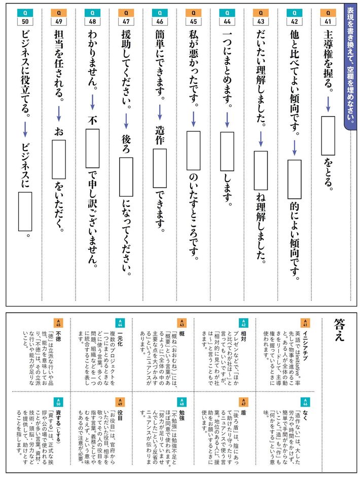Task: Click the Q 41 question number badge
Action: [x=328, y=17]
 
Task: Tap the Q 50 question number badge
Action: [x=25, y=17]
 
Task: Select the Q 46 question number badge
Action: [x=159, y=17]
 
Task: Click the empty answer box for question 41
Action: [x=328, y=136]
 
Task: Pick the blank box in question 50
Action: [x=25, y=211]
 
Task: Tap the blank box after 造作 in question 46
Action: [x=159, y=168]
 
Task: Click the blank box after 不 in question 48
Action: [x=92, y=149]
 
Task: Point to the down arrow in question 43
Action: [x=261, y=139]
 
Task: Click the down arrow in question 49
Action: [x=58, y=114]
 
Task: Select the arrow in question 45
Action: [x=193, y=119]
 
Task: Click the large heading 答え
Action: [x=339, y=329]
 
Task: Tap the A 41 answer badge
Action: [x=305, y=323]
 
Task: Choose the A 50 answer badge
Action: [x=58, y=402]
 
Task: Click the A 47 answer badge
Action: [x=243, y=402]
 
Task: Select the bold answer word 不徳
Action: [x=58, y=337]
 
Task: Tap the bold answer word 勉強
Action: [x=182, y=416]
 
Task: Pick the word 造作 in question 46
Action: [x=160, y=135]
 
